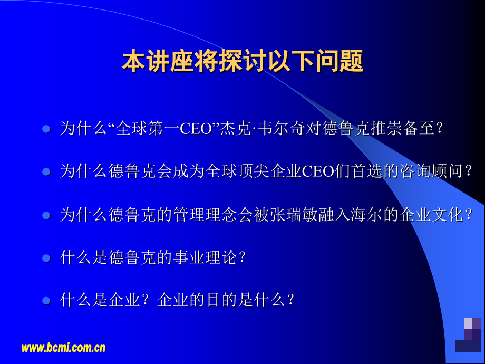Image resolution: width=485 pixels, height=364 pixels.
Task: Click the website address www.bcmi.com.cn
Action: [x=63, y=348]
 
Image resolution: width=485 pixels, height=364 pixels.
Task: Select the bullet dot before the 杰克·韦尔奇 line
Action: [x=46, y=129]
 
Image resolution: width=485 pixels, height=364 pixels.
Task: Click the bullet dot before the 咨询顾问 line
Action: [x=46, y=172]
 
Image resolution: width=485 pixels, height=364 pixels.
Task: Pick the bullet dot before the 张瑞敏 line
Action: [x=46, y=215]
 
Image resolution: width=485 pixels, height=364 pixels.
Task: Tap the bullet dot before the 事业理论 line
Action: [x=46, y=258]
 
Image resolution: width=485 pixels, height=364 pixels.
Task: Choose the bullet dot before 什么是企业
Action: [x=46, y=301]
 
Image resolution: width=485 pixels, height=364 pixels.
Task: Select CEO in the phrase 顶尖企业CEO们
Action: [x=317, y=172]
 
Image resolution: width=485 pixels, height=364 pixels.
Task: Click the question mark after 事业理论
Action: [x=242, y=258]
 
